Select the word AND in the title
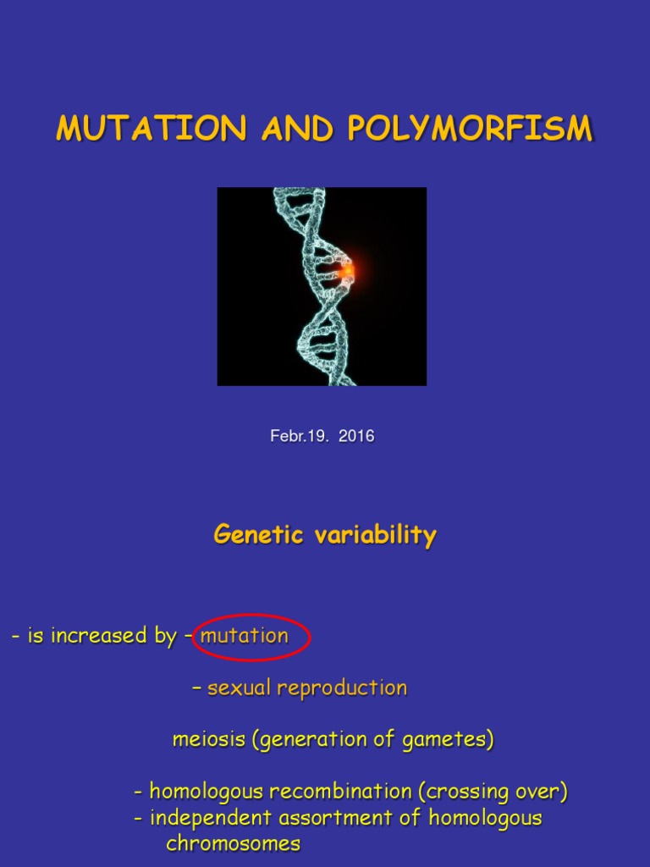pos(297,129)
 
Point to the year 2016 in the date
pos(356,437)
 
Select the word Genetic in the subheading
pos(252,535)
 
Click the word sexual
pos(240,688)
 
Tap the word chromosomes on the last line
pos(233,843)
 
